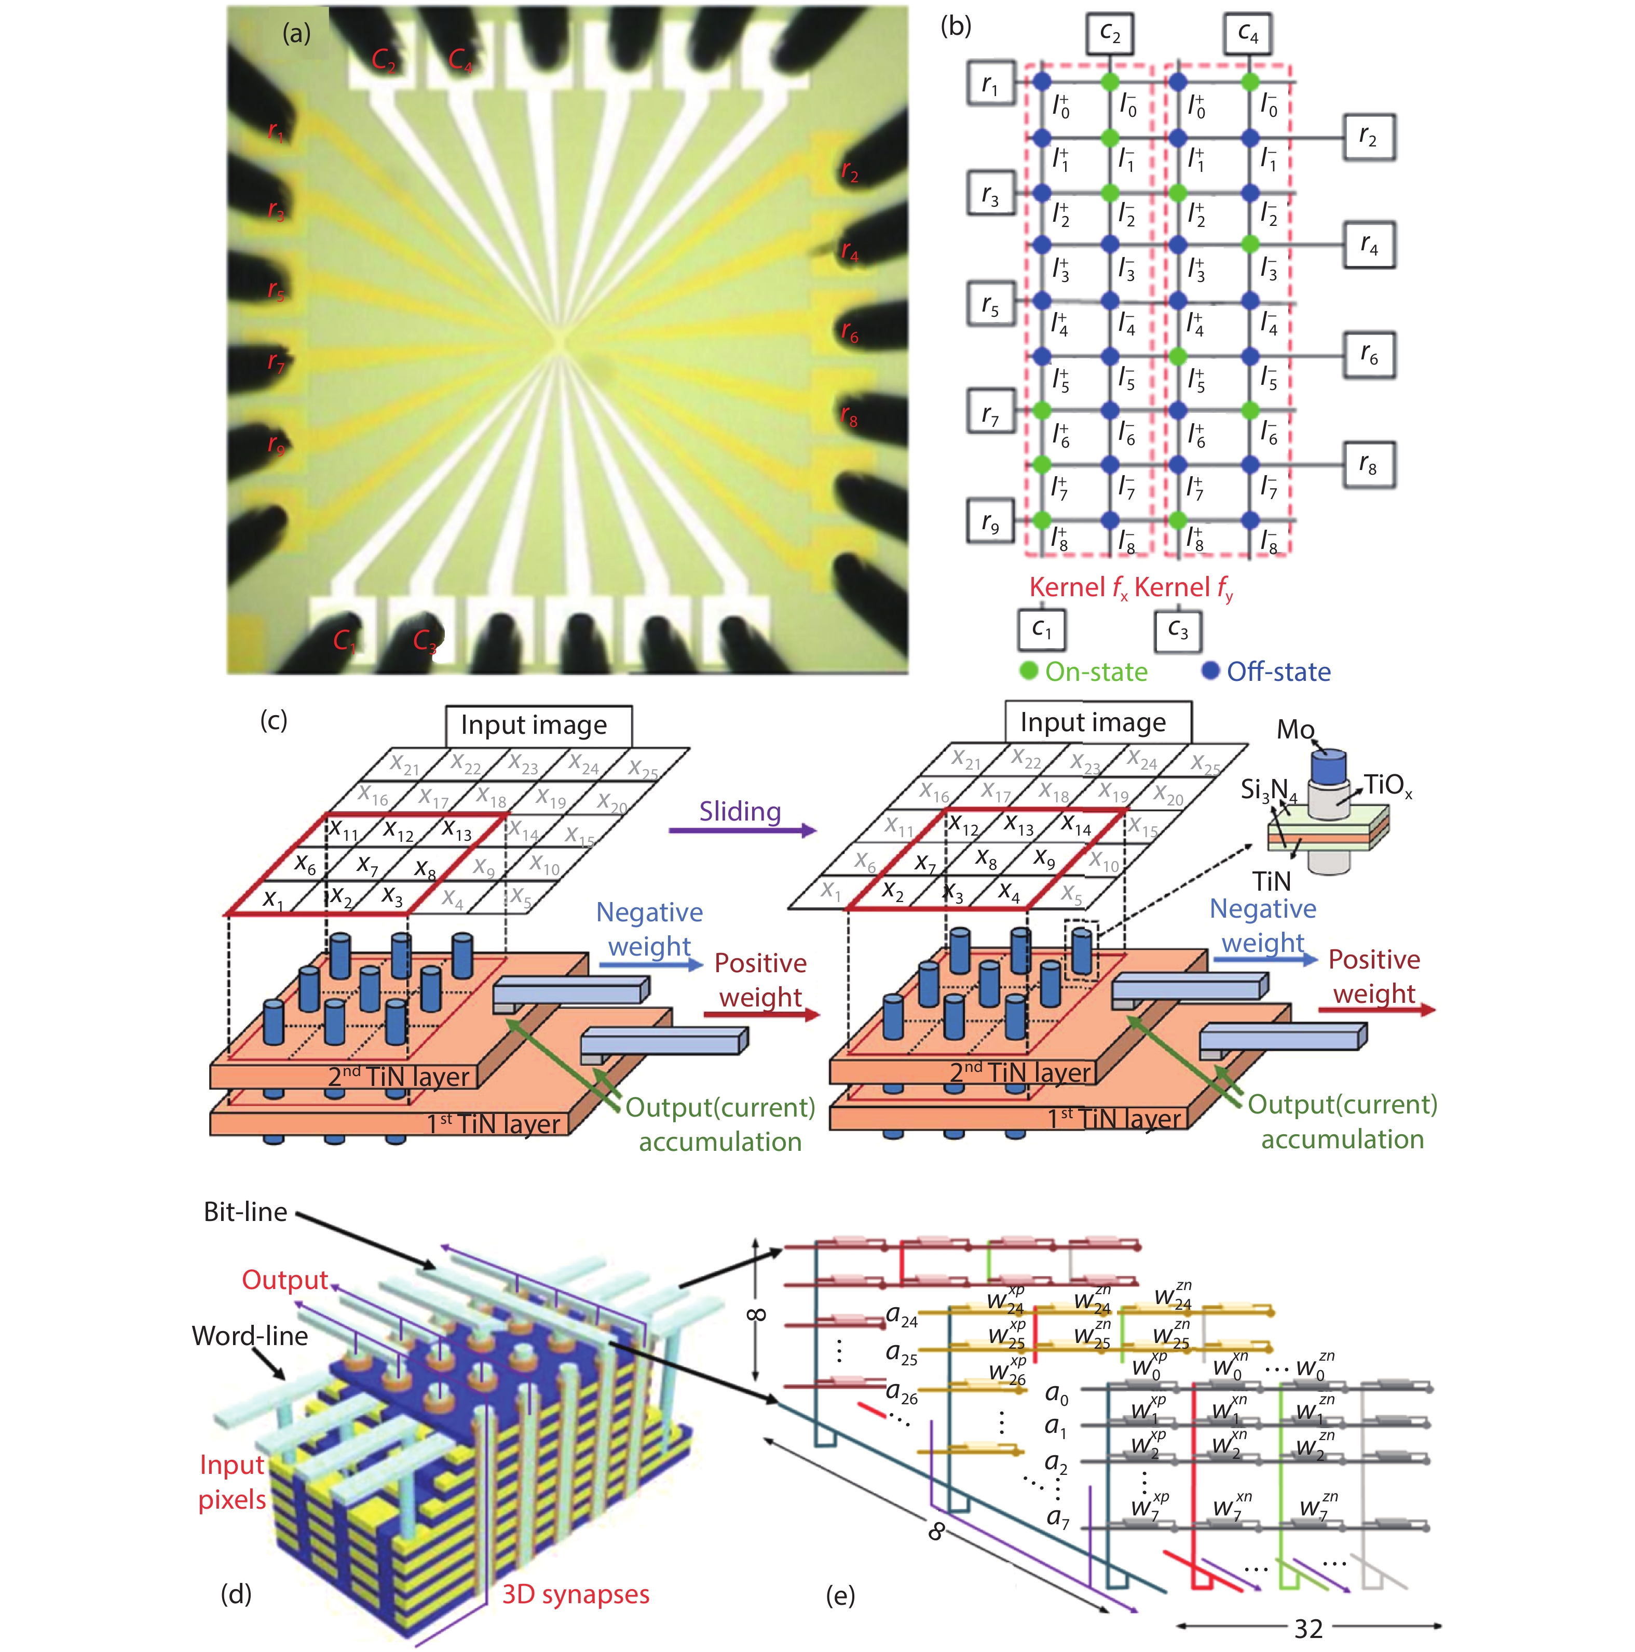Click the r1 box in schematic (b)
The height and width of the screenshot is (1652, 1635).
tap(990, 83)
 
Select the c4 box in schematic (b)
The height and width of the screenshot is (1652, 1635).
tap(1248, 34)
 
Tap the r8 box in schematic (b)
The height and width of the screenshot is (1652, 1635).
tap(1368, 465)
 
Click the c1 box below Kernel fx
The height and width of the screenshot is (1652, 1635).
tap(1041, 629)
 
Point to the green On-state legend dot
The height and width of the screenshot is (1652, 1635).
tap(1029, 670)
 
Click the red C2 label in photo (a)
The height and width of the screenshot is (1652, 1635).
tap(384, 60)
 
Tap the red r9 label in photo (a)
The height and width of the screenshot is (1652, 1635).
tap(275, 444)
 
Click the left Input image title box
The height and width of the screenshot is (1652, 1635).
tap(538, 725)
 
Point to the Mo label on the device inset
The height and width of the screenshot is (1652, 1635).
tap(1295, 729)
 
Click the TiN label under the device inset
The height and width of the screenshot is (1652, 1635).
tap(1271, 881)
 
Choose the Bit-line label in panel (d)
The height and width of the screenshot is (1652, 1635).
tap(246, 1212)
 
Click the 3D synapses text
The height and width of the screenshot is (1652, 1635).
tap(575, 1594)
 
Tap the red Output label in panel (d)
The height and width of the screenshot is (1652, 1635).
tap(284, 1279)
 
